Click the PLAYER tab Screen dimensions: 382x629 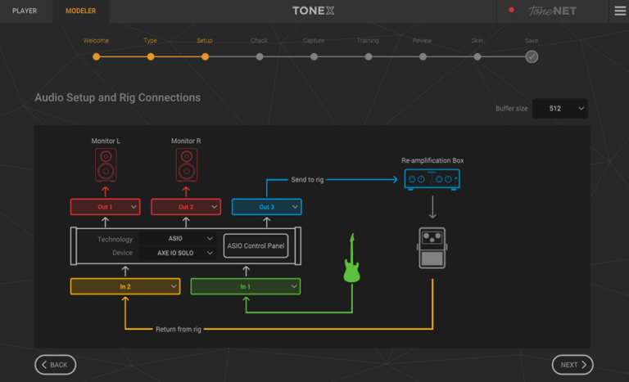[x=25, y=11]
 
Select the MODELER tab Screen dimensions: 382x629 [x=80, y=11]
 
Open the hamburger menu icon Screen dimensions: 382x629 [x=620, y=11]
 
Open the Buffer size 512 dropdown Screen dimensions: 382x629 [x=560, y=109]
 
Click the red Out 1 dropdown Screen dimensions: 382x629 [x=106, y=207]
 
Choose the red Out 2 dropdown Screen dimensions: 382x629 [x=186, y=207]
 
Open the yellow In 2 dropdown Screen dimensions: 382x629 [x=124, y=286]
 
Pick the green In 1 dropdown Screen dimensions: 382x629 [x=245, y=286]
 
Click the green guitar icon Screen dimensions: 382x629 [x=351, y=260]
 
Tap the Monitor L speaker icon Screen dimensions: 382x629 [x=106, y=165]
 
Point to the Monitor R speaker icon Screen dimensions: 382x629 [x=186, y=165]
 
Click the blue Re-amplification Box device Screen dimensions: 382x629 [x=432, y=179]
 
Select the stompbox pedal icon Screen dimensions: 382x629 [x=432, y=248]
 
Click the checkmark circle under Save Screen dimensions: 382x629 [x=532, y=56]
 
